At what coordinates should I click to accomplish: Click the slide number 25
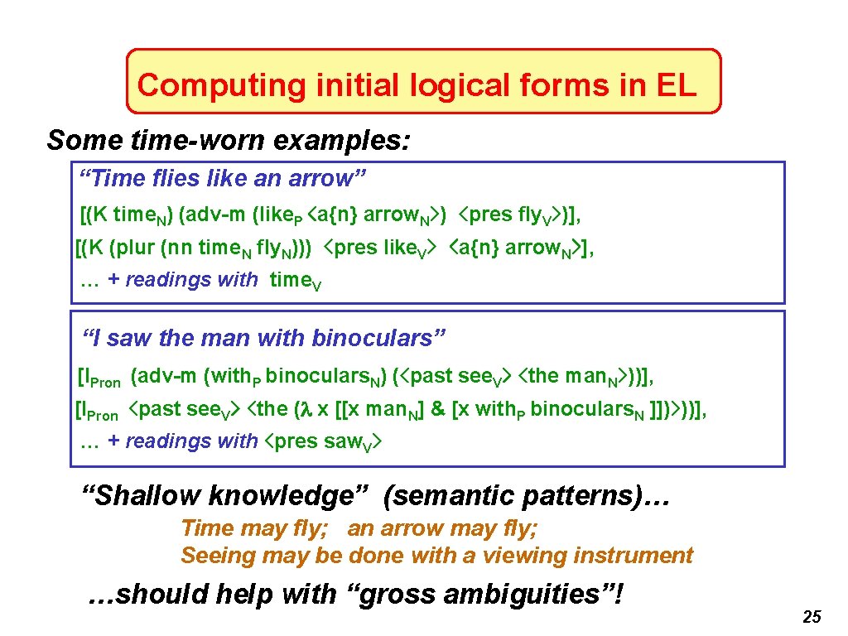pos(812,617)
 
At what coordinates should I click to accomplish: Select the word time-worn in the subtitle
pos(195,140)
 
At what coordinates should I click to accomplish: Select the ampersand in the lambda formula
pos(437,409)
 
